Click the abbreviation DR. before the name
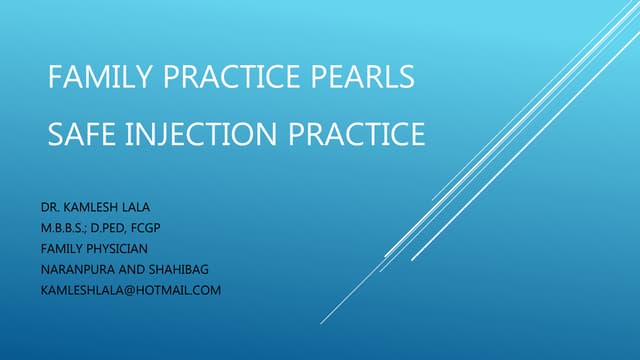(50, 207)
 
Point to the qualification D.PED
(116, 228)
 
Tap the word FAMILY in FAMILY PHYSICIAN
(60, 249)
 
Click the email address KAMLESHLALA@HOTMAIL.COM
(131, 291)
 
